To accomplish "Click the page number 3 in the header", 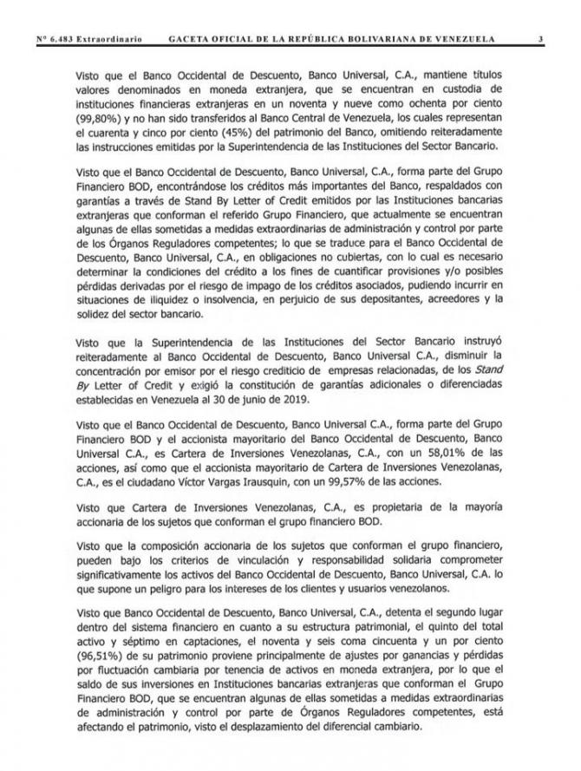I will tap(540, 39).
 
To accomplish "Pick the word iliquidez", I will tap(189, 299).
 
